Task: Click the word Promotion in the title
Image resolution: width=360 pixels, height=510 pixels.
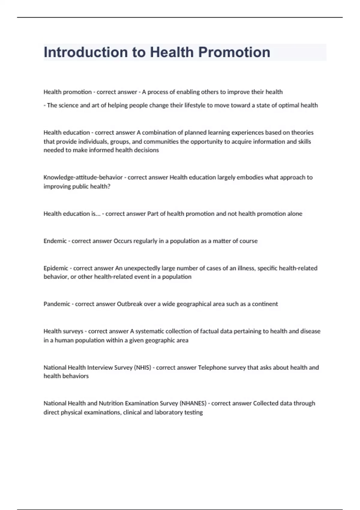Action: coord(234,52)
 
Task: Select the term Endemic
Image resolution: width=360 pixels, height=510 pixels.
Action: coord(55,241)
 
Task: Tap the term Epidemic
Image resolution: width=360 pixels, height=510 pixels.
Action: coord(56,268)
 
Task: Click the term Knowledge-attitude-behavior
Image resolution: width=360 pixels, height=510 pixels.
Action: coord(83,177)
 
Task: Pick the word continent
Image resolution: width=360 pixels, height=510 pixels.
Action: coord(265,304)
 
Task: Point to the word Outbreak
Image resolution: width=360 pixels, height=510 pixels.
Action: coord(129,304)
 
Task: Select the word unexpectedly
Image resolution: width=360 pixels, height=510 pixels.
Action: coord(142,268)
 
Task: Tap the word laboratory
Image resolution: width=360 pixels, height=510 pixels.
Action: coord(169,412)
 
